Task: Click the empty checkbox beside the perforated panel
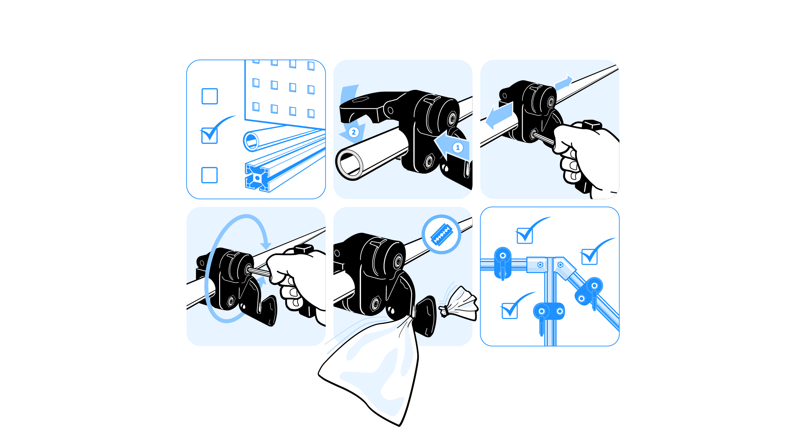coord(209,96)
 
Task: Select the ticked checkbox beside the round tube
coord(209,136)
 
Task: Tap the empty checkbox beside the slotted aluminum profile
coord(209,175)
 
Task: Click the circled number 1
coord(457,147)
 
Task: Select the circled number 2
coord(354,132)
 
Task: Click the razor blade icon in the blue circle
coord(442,235)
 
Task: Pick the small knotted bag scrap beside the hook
coord(459,304)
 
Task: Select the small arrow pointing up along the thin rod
coord(564,82)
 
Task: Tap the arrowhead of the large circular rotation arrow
coord(266,245)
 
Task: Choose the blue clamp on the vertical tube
coord(548,312)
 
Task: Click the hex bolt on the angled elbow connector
coord(560,265)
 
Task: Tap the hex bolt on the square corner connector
coord(540,265)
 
